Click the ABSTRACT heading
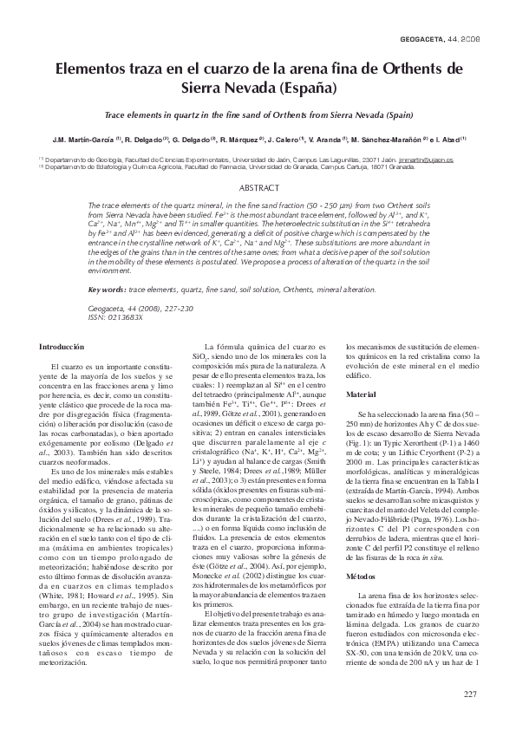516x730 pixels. coord(258,187)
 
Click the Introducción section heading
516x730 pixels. coord(62,346)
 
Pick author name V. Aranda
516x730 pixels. coord(325,138)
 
